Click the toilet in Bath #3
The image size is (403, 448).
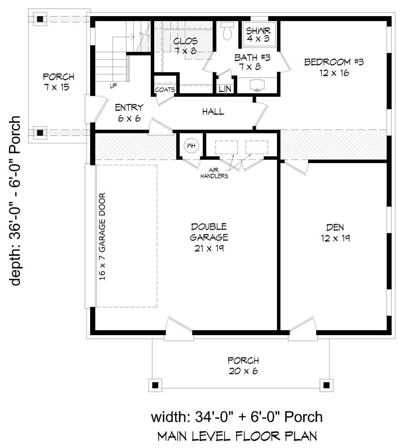click(x=228, y=31)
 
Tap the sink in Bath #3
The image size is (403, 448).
click(x=257, y=85)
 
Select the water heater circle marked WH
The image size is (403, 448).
click(x=191, y=146)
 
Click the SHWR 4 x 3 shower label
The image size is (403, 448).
click(x=258, y=34)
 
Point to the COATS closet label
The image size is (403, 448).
click(x=165, y=90)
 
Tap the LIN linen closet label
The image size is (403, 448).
click(x=225, y=89)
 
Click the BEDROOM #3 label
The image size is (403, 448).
click(x=334, y=67)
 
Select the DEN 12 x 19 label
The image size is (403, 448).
click(x=335, y=233)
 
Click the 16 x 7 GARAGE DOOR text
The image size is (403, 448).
click(x=102, y=236)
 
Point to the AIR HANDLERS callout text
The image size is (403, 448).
click(x=214, y=173)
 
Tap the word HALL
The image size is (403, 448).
click(x=213, y=112)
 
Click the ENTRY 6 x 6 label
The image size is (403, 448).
click(x=129, y=113)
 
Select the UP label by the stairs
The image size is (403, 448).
click(x=113, y=86)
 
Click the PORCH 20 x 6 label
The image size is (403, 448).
click(x=243, y=366)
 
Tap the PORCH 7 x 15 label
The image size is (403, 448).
click(x=58, y=82)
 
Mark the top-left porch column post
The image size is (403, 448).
click(x=40, y=19)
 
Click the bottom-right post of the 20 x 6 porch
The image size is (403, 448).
click(x=326, y=385)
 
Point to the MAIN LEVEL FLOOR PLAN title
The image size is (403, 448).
click(x=237, y=436)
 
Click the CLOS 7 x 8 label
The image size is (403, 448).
click(x=185, y=46)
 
